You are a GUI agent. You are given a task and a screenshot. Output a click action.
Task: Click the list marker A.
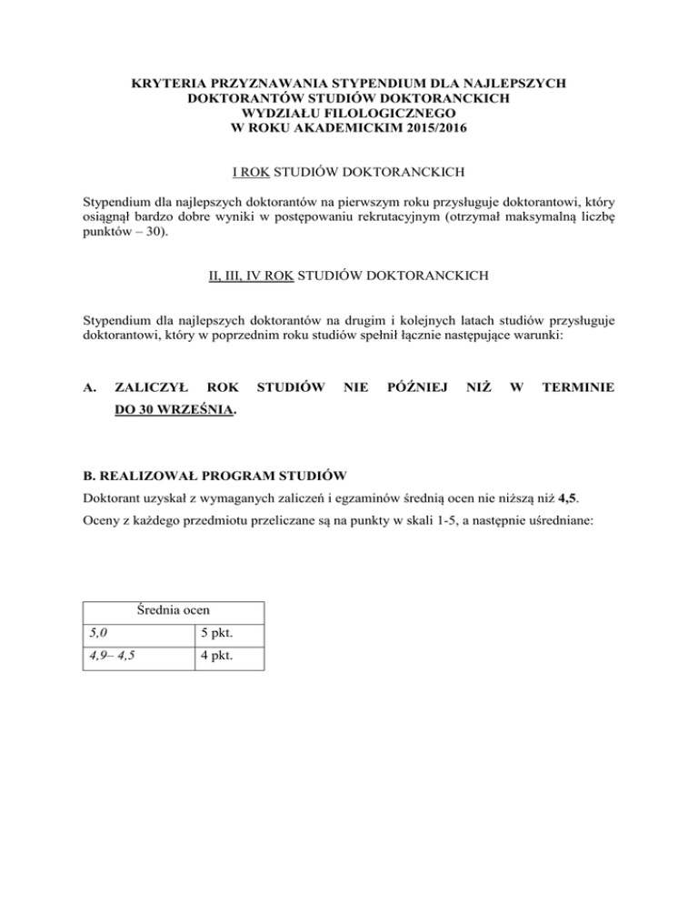coord(89,387)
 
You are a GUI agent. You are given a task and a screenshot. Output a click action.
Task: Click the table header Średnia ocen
coord(173,611)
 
